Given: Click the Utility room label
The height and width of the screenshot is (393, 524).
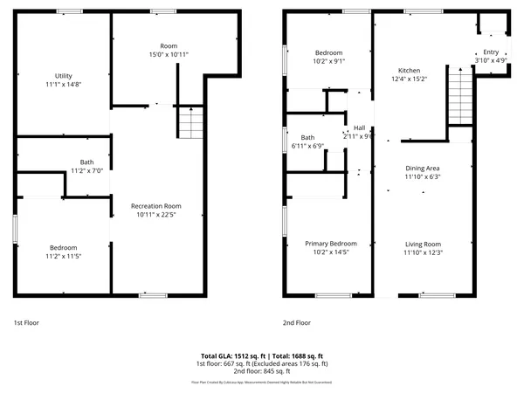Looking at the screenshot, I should coord(63,76).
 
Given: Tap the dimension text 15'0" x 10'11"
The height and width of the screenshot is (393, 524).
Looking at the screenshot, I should coord(168,54).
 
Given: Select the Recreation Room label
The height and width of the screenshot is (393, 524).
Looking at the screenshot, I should coord(155,206).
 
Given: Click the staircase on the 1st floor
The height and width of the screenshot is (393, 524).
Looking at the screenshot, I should coord(190,122).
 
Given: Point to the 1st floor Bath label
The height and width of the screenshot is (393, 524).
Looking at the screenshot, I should coord(86,162).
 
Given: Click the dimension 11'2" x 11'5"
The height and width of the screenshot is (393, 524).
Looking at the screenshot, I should coord(63,257).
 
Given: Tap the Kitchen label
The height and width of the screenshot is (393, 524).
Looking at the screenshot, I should coord(410,71).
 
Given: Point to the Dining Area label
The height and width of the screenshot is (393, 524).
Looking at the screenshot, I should coord(422,168).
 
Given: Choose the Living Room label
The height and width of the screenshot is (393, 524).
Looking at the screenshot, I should coord(422,244).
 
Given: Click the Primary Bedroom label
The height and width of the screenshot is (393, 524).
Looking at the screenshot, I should coord(330,244).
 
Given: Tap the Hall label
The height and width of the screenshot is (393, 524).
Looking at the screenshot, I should coord(358,128).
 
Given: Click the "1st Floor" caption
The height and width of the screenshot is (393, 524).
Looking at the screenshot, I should coord(26,322).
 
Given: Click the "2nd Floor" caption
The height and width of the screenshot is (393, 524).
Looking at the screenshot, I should coord(297,322).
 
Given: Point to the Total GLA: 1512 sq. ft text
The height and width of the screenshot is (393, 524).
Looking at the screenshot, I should coord(231,356).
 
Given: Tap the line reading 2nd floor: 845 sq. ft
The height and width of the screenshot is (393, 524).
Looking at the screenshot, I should coord(262,371).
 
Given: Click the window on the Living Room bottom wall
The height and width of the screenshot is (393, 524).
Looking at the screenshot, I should coord(436,295).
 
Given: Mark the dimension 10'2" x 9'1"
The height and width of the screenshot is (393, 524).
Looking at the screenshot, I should coord(328,62).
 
